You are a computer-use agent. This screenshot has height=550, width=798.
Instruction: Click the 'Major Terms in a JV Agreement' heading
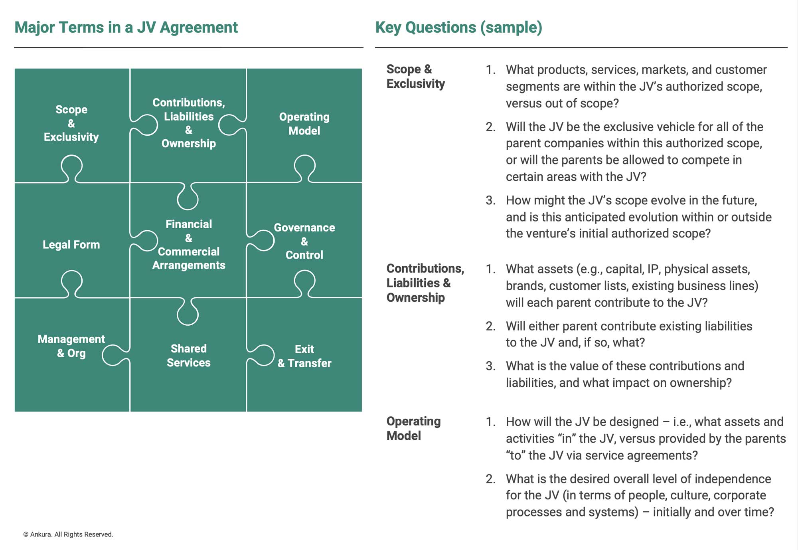pyautogui.click(x=126, y=28)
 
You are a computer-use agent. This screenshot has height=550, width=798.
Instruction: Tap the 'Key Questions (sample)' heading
pyautogui.click(x=459, y=28)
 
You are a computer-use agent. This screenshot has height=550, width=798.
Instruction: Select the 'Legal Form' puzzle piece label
pyautogui.click(x=71, y=245)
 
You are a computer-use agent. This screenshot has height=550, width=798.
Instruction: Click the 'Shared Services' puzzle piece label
pyautogui.click(x=189, y=356)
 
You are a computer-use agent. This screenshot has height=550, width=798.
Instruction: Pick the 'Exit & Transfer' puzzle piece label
pyautogui.click(x=304, y=356)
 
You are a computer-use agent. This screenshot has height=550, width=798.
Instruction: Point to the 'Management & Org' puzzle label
pyautogui.click(x=71, y=346)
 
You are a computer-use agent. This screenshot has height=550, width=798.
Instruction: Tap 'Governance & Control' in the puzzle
pyautogui.click(x=304, y=241)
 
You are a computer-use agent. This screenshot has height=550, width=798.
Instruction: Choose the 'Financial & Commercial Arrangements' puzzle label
pyautogui.click(x=189, y=245)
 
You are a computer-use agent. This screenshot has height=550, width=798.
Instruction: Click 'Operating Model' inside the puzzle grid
pyautogui.click(x=304, y=124)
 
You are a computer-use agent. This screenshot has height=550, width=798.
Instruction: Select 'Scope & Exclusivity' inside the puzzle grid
pyautogui.click(x=71, y=123)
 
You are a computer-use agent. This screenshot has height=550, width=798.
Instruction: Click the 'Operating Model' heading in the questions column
pyautogui.click(x=414, y=428)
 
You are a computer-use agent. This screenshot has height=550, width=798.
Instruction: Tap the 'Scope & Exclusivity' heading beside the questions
pyautogui.click(x=416, y=76)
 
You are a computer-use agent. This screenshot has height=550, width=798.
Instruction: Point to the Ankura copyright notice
pyautogui.click(x=68, y=534)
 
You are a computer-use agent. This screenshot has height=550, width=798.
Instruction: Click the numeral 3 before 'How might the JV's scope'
pyautogui.click(x=490, y=200)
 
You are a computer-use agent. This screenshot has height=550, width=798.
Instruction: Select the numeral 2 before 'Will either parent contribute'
pyautogui.click(x=490, y=326)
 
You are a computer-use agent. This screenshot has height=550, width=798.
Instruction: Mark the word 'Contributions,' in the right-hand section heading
pyautogui.click(x=425, y=269)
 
